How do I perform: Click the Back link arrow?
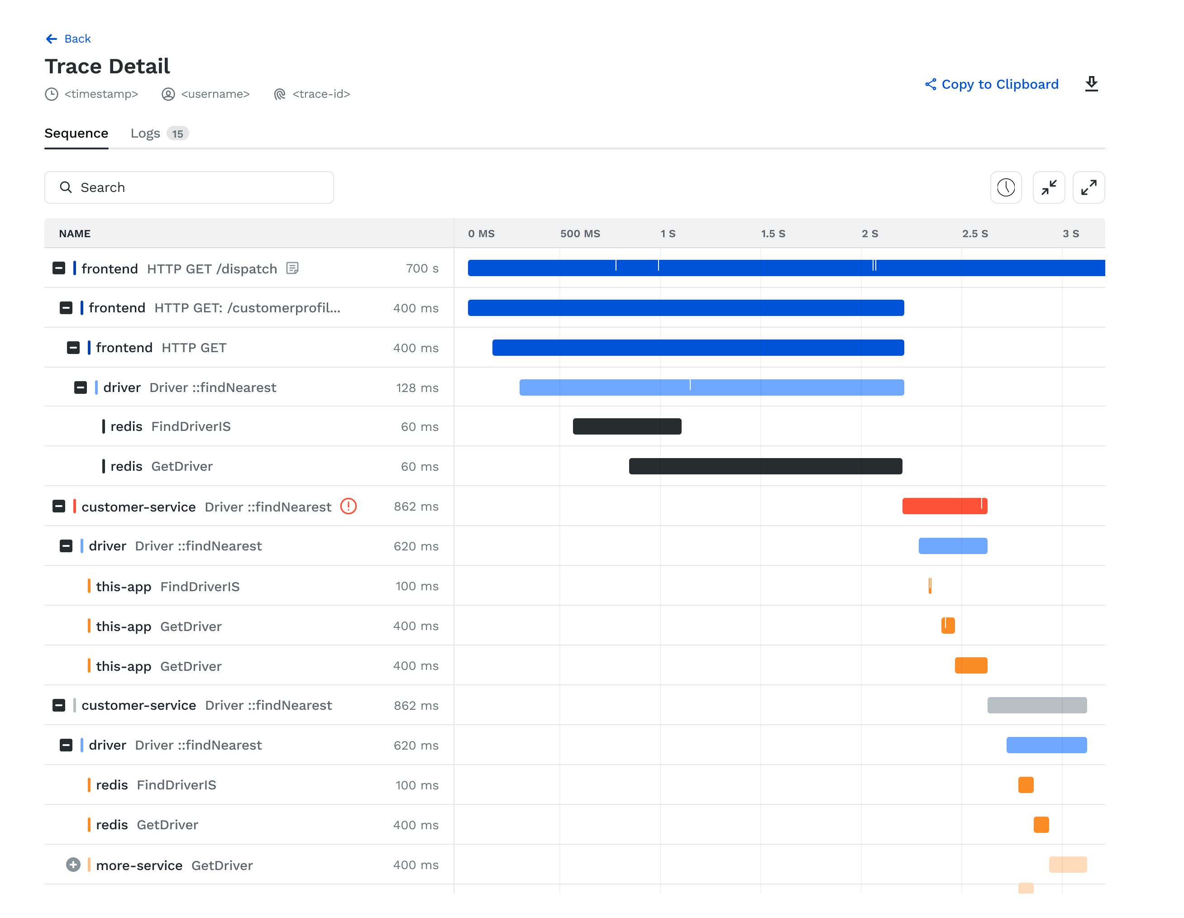click(52, 38)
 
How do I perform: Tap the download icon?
click(1091, 84)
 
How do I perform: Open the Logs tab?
click(145, 134)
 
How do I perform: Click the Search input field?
click(189, 187)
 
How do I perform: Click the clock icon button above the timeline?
click(1006, 187)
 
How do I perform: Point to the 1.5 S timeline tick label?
click(773, 234)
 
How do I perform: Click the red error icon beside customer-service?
click(348, 507)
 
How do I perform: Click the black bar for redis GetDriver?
click(765, 466)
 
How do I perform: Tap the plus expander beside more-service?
click(73, 865)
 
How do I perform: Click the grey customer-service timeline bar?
click(1036, 705)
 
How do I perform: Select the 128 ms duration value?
click(417, 387)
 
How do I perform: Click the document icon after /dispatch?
click(292, 268)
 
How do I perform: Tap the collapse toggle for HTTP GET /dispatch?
click(58, 268)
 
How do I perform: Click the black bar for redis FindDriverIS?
click(627, 427)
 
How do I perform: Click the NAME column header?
click(75, 234)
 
